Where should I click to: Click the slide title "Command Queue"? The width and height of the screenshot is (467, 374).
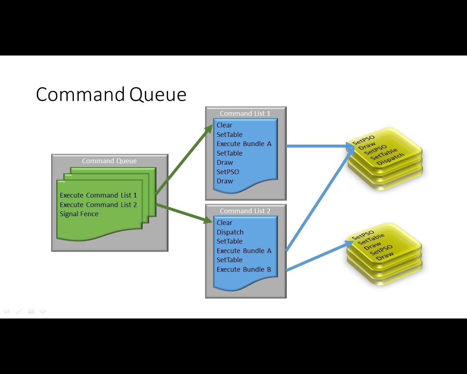pyautogui.click(x=111, y=95)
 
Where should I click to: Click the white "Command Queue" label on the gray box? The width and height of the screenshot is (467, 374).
pyautogui.click(x=109, y=161)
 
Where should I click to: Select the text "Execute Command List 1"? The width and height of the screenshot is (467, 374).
pyautogui.click(x=98, y=195)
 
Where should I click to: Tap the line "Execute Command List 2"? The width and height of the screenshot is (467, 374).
pyautogui.click(x=98, y=205)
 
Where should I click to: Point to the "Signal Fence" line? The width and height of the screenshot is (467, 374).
pyautogui.click(x=79, y=214)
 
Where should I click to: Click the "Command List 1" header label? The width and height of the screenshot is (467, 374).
pyautogui.click(x=245, y=114)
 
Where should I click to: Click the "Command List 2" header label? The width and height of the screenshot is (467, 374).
pyautogui.click(x=245, y=211)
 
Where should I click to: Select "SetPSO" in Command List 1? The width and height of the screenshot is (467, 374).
pyautogui.click(x=228, y=172)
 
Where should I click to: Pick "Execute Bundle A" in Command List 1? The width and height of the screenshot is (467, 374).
pyautogui.click(x=244, y=144)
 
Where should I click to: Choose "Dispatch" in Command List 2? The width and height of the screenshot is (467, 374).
pyautogui.click(x=230, y=232)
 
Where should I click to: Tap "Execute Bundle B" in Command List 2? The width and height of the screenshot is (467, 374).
pyautogui.click(x=244, y=270)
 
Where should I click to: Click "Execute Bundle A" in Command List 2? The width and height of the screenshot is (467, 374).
pyautogui.click(x=244, y=251)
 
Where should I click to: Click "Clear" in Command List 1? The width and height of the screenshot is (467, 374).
pyautogui.click(x=224, y=125)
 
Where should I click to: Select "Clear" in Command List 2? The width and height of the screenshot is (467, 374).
pyautogui.click(x=224, y=223)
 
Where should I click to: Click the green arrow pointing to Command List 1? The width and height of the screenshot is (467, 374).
pyautogui.click(x=184, y=159)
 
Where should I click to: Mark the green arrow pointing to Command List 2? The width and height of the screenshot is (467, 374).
pyautogui.click(x=184, y=213)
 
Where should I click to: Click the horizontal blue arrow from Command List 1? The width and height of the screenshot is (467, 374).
pyautogui.click(x=320, y=146)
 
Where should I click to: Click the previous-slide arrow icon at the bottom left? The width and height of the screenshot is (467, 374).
pyautogui.click(x=6, y=311)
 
